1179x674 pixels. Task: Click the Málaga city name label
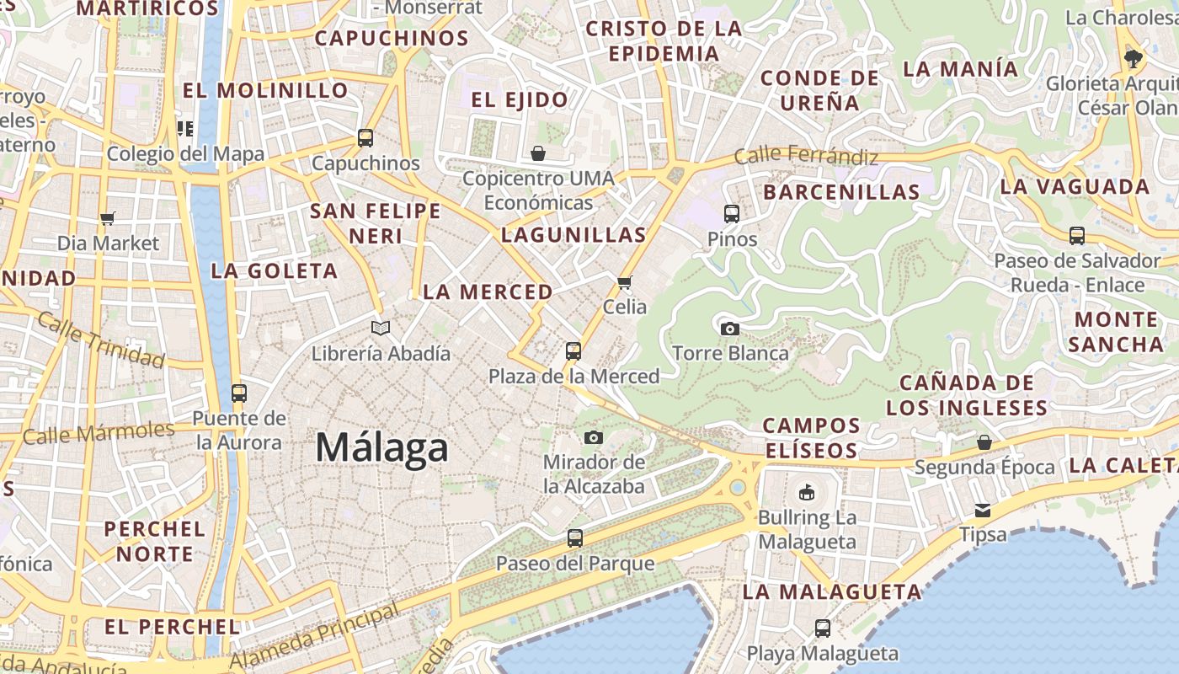pyautogui.click(x=381, y=447)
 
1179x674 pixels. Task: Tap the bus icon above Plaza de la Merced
pyautogui.click(x=573, y=350)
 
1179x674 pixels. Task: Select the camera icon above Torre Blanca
pyautogui.click(x=730, y=329)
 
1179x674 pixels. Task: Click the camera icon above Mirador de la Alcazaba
pyautogui.click(x=594, y=437)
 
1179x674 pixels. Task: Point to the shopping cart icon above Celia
pyautogui.click(x=625, y=282)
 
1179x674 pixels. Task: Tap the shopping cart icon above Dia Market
pyautogui.click(x=107, y=219)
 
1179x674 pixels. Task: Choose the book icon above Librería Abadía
pyautogui.click(x=381, y=328)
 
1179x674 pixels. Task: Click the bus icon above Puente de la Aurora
pyautogui.click(x=239, y=393)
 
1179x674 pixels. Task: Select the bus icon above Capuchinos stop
pyautogui.click(x=365, y=137)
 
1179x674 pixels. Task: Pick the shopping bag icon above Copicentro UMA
pyautogui.click(x=538, y=153)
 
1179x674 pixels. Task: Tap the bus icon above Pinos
pyautogui.click(x=732, y=214)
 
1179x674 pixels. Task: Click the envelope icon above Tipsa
pyautogui.click(x=983, y=510)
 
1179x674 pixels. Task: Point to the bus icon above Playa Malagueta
pyautogui.click(x=823, y=628)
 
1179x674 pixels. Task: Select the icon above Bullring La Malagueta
pyautogui.click(x=807, y=491)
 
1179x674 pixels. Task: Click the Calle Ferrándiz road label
pyautogui.click(x=806, y=156)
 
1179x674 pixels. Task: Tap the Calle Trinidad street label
pyautogui.click(x=101, y=340)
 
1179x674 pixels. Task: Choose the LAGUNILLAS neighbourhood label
pyautogui.click(x=573, y=235)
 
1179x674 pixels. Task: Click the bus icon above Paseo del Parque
pyautogui.click(x=575, y=538)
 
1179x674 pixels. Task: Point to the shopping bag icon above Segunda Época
pyautogui.click(x=984, y=442)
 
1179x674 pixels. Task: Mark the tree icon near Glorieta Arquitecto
pyautogui.click(x=1134, y=58)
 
